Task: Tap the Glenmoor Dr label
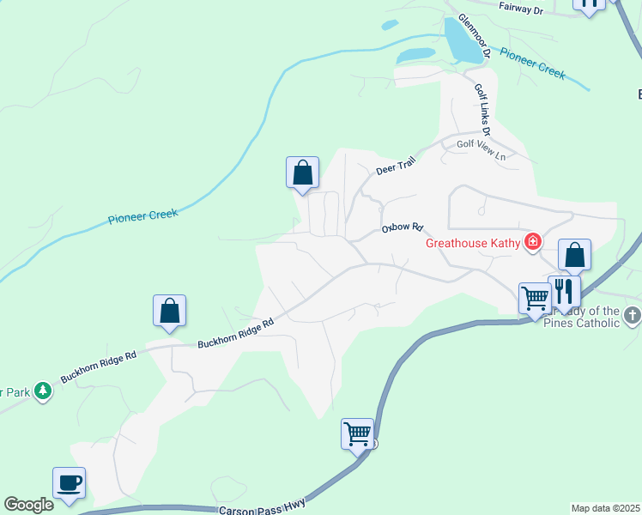pos(474,35)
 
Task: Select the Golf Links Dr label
pos(481,109)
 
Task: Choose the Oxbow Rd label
pos(403,228)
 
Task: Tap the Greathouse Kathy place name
pos(474,243)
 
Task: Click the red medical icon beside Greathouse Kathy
pos(533,242)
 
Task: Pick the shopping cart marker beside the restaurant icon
pos(535,299)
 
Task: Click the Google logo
pos(29,506)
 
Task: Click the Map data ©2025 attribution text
pos(604,508)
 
